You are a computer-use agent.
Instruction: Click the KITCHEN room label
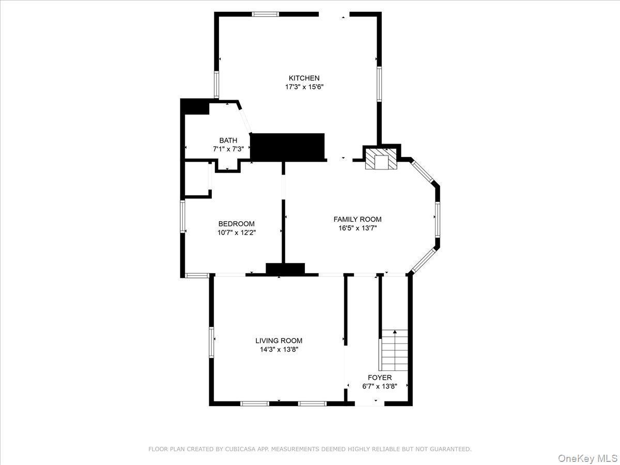point(304,78)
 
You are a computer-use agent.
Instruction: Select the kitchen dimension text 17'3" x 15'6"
point(304,87)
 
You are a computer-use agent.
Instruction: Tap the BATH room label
point(228,140)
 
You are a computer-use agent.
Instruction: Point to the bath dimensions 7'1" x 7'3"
point(228,149)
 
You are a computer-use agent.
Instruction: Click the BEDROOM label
point(236,224)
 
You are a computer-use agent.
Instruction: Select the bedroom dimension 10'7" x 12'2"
point(236,233)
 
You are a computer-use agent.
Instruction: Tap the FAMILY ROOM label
point(358,219)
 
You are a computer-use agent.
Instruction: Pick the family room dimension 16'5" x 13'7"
point(358,228)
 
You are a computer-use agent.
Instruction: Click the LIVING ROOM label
point(279,340)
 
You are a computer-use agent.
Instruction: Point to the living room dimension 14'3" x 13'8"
point(279,349)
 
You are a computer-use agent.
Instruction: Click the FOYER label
point(380,378)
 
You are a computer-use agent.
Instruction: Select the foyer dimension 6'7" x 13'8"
point(380,386)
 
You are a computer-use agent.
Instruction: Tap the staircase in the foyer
point(395,347)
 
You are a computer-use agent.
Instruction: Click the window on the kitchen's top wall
point(265,14)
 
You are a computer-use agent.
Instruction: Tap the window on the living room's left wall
point(211,342)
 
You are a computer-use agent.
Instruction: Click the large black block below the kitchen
point(287,147)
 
